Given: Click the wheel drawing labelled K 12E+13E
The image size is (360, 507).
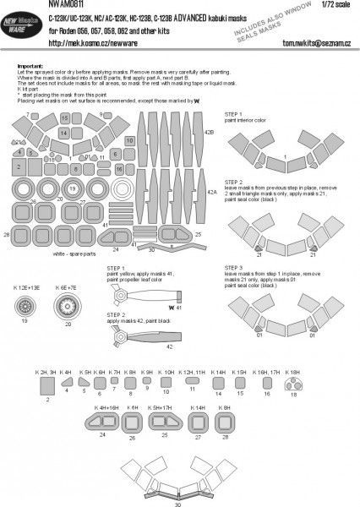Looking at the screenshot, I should click(24, 307).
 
